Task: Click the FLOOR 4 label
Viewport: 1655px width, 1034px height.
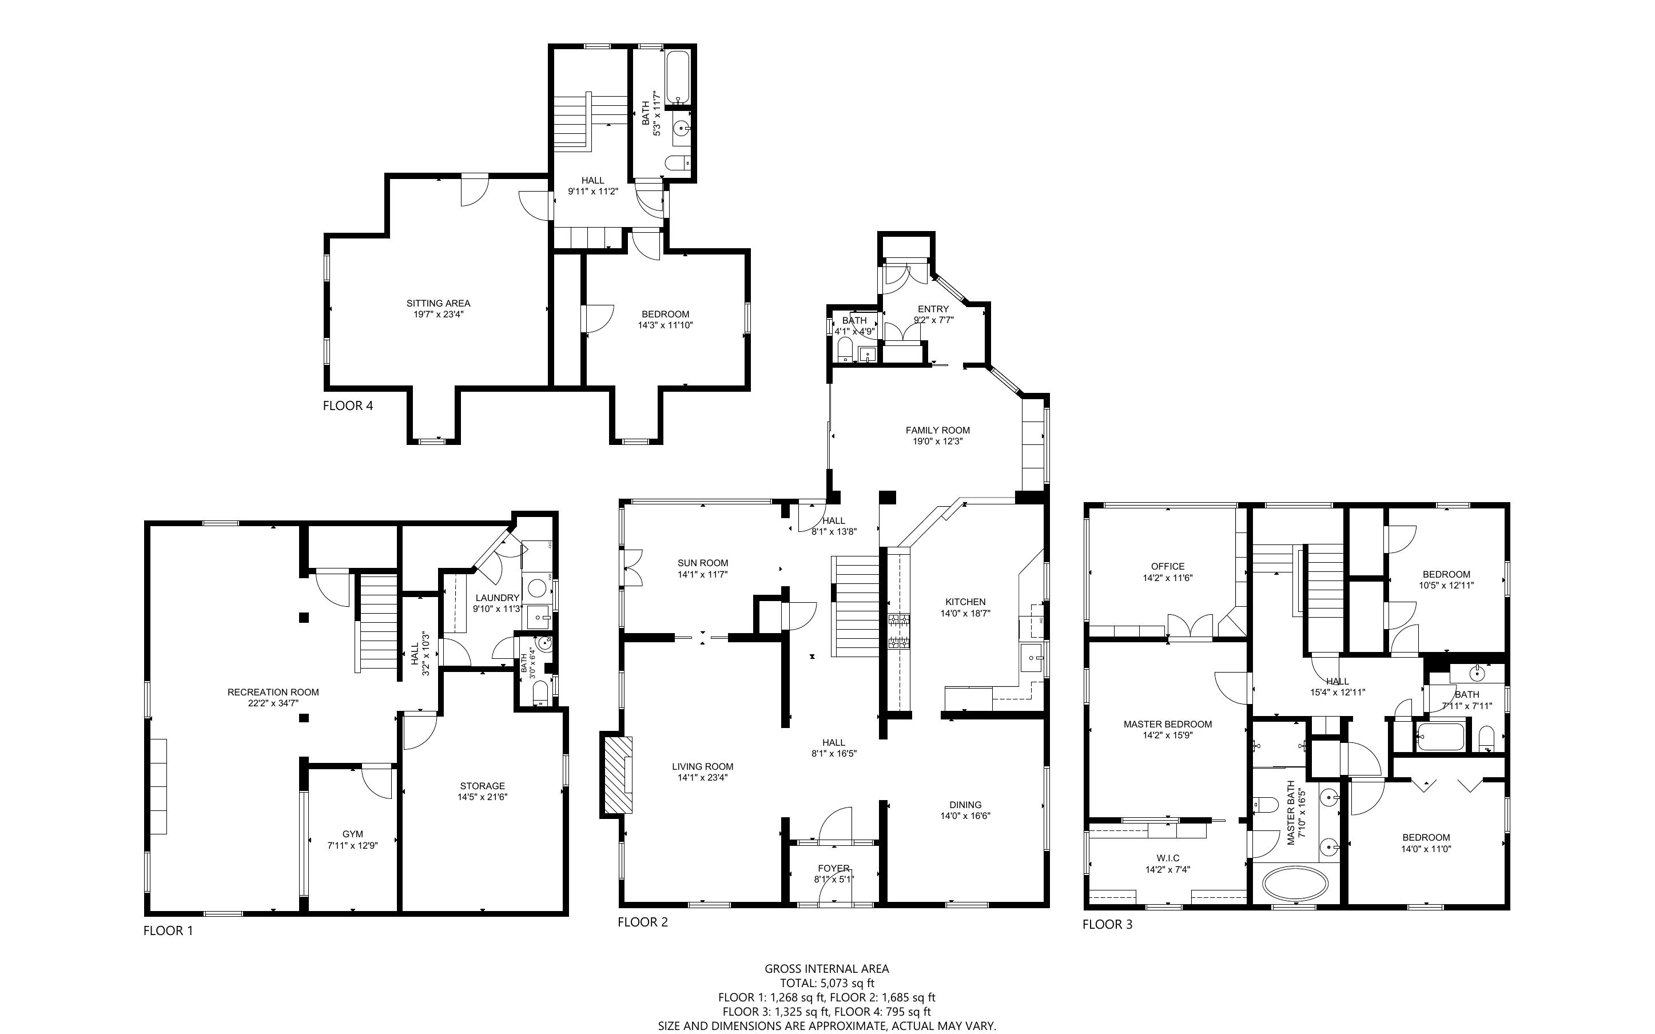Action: tap(348, 405)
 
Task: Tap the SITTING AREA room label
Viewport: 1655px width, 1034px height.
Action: tap(438, 303)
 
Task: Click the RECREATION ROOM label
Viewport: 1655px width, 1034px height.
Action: tap(273, 692)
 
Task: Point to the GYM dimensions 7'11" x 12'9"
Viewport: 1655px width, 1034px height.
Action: tap(353, 845)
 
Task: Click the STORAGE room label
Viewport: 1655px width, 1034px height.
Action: tap(483, 786)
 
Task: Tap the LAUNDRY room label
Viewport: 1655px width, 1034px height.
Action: tap(498, 598)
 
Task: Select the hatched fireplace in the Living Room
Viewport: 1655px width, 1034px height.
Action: tap(617, 775)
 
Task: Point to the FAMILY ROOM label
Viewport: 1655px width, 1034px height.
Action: tap(938, 430)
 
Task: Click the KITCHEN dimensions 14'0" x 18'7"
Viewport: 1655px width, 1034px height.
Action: tap(965, 614)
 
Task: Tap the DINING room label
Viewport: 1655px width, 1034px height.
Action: tap(965, 805)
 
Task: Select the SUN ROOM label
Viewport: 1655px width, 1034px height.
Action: tap(703, 563)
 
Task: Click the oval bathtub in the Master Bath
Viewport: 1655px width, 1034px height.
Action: tap(1295, 884)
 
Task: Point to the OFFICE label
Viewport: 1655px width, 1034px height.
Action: tap(1168, 566)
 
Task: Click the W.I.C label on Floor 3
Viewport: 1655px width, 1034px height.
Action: tap(1168, 858)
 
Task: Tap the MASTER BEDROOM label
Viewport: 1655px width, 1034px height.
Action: tap(1168, 724)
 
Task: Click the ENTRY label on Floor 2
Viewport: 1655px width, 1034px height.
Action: tap(933, 309)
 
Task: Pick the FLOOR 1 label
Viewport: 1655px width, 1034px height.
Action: tap(168, 930)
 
